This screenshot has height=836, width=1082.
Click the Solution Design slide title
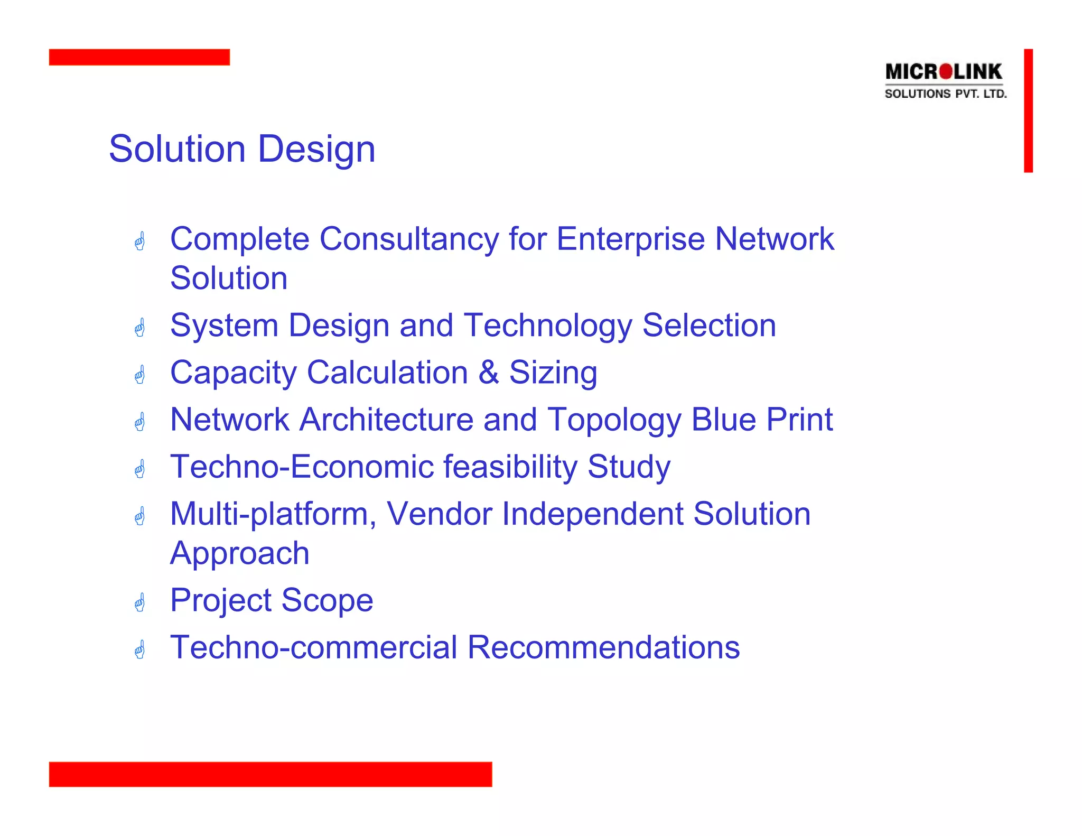(242, 149)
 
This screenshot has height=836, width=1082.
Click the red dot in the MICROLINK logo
(946, 71)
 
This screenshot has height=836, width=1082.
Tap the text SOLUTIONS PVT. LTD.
(946, 94)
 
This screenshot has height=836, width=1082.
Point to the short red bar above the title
(139, 57)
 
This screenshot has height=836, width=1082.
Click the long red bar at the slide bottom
(270, 774)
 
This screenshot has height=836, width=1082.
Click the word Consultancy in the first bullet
(409, 239)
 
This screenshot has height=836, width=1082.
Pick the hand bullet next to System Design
(139, 328)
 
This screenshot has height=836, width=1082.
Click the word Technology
(548, 326)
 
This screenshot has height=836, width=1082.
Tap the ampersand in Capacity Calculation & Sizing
(489, 372)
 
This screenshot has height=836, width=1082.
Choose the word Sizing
(553, 373)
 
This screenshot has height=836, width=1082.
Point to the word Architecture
(387, 420)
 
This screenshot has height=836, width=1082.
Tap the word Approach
(240, 554)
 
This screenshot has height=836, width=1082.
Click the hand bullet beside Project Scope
(139, 602)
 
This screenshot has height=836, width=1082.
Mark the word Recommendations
(603, 647)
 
